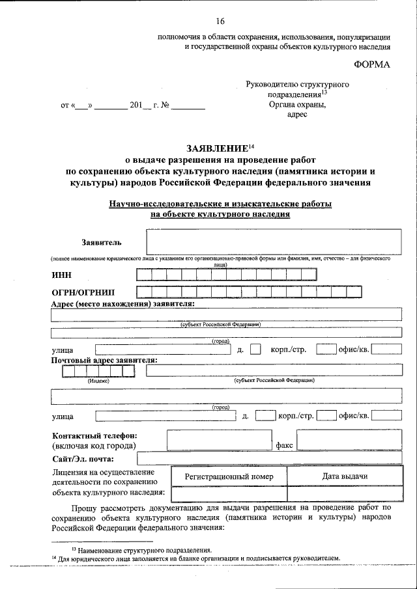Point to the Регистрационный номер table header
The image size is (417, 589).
(x=228, y=476)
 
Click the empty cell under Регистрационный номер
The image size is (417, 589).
(x=228, y=494)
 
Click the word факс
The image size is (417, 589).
(x=284, y=446)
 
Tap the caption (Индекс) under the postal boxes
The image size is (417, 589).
(x=98, y=381)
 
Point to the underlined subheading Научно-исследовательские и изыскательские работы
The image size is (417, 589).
(x=220, y=204)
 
